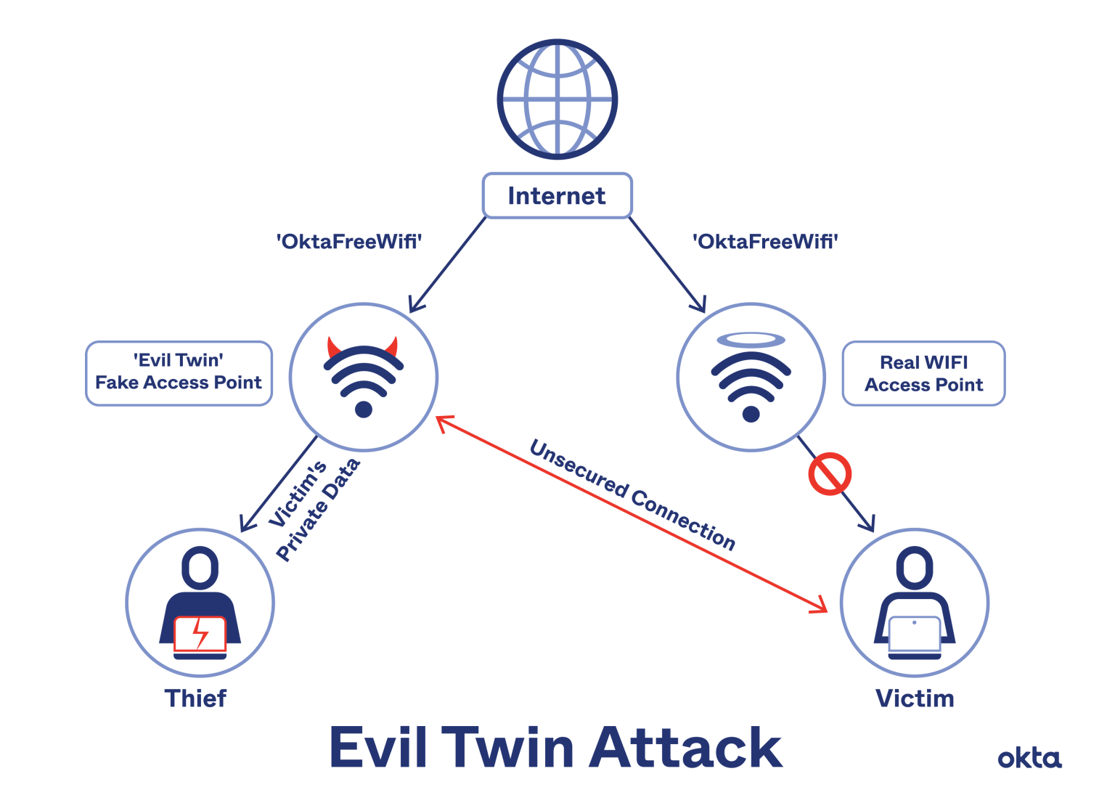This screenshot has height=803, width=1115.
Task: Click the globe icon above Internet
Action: pyautogui.click(x=557, y=99)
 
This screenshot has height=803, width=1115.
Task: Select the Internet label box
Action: pyautogui.click(x=557, y=195)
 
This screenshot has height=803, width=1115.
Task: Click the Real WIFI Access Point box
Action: pyautogui.click(x=923, y=373)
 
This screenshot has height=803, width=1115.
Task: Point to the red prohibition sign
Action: pyautogui.click(x=829, y=474)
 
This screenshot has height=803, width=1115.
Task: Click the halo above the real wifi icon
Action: pyautogui.click(x=751, y=341)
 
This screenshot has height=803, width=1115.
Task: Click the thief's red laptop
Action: pyautogui.click(x=200, y=633)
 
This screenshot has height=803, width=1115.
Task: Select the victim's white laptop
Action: pyautogui.click(x=915, y=634)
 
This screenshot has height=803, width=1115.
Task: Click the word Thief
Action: pyautogui.click(x=195, y=698)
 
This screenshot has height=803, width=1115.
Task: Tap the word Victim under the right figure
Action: pyautogui.click(x=915, y=698)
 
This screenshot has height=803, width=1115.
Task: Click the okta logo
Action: pyautogui.click(x=1029, y=758)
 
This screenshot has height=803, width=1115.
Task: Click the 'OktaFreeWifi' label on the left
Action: pyautogui.click(x=349, y=241)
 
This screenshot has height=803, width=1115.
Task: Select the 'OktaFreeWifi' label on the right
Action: pyautogui.click(x=766, y=241)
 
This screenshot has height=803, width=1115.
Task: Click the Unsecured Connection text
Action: pyautogui.click(x=632, y=496)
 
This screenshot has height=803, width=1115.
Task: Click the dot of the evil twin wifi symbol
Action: pyautogui.click(x=363, y=409)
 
